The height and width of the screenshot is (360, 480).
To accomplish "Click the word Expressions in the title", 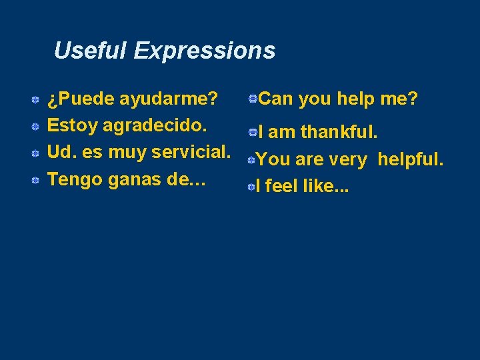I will coord(204,51).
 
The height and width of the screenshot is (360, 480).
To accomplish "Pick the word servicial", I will coord(191,152).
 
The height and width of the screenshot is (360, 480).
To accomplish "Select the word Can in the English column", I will coord(275,99).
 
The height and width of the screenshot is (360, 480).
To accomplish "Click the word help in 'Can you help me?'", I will coord(358,99).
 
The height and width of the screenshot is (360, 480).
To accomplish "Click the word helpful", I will coord(410,159).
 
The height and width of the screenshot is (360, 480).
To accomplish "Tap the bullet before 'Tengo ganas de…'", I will coord(34,180).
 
